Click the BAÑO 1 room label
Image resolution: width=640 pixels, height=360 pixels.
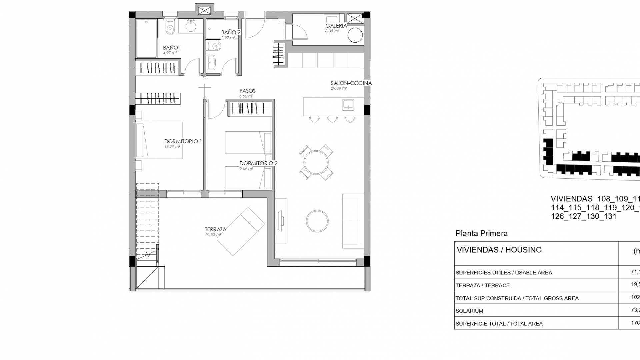point(172,48)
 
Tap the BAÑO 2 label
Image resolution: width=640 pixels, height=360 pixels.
point(231,32)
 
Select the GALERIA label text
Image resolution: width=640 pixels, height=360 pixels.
point(336,26)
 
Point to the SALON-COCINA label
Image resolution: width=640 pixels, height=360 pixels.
point(351,83)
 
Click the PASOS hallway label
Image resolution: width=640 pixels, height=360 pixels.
point(247,91)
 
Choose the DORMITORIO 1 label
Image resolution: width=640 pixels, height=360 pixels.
point(183,141)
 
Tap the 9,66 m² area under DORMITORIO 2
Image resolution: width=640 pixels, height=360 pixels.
point(246,169)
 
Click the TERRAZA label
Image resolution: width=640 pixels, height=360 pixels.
point(215,229)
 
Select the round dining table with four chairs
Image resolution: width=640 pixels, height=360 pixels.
point(316,162)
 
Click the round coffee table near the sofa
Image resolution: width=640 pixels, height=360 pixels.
point(317,221)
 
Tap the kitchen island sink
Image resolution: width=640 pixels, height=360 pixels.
point(348,105)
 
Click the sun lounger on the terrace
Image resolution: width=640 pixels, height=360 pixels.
point(240,232)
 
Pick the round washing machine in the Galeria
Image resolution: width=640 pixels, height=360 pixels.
point(355,35)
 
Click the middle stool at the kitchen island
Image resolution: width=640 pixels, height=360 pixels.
point(332,119)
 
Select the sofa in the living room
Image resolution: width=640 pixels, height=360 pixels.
point(352,221)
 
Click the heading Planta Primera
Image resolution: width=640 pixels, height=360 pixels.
point(481,233)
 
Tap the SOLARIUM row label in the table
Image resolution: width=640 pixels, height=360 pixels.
point(469,311)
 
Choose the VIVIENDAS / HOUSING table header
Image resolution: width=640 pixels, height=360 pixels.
point(499,250)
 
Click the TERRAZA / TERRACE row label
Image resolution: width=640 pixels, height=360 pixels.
point(482,285)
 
